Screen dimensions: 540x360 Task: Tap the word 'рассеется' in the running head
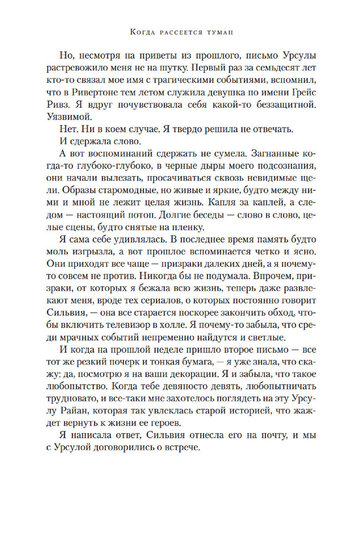pos(179,33)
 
